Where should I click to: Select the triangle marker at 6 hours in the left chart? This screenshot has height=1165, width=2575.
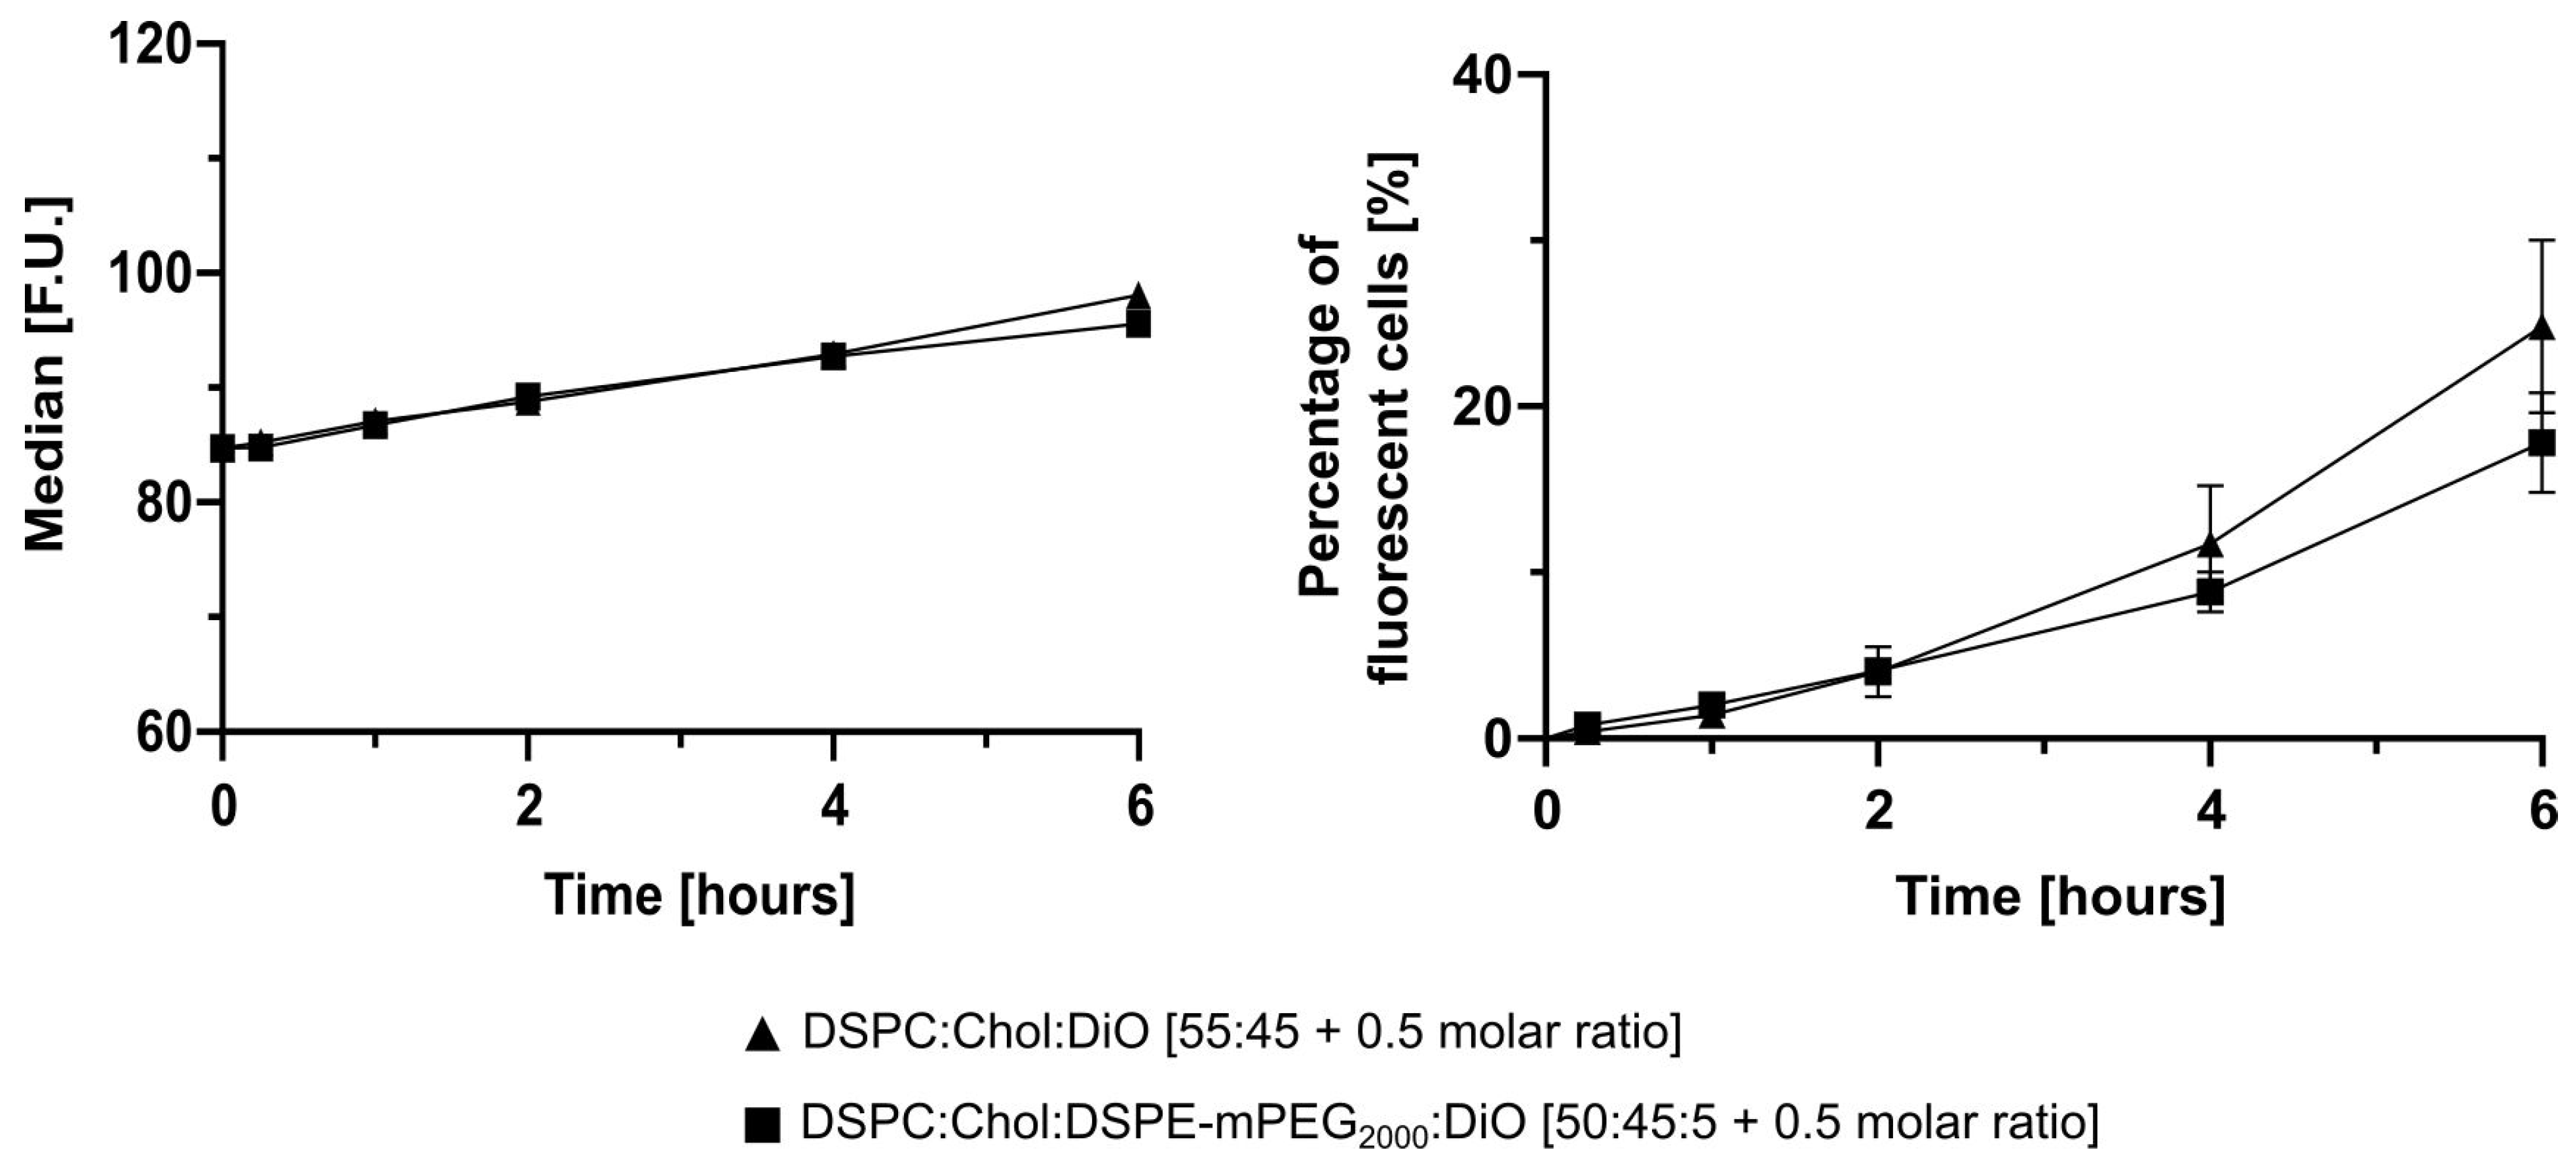pyautogui.click(x=1138, y=296)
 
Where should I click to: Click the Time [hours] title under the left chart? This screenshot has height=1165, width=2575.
pyautogui.click(x=700, y=895)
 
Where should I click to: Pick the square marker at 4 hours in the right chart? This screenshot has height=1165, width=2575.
pyautogui.click(x=2210, y=591)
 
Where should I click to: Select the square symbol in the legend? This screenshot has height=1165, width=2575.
pyautogui.click(x=762, y=1127)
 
